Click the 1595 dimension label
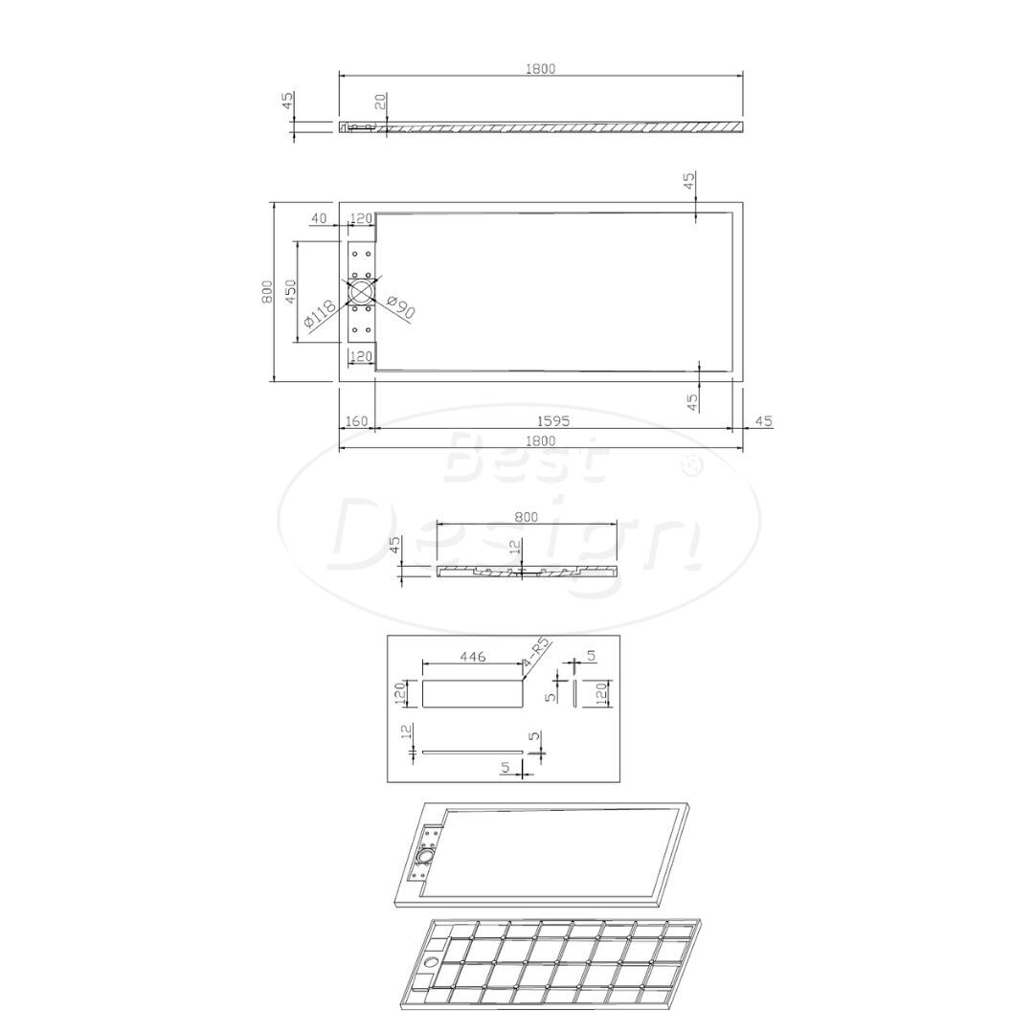pos(552,420)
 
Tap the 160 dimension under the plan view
pos(356,420)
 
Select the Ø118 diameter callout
pos(321,315)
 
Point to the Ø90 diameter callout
pos(399,307)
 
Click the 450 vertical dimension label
pos(290,291)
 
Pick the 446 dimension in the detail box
pos(473,656)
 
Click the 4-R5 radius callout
pos(537,652)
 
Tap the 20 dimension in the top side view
pos(380,102)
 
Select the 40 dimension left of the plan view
pos(319,219)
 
